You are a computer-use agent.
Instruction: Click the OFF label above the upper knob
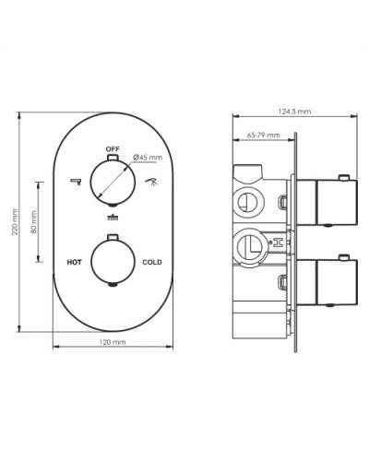113,148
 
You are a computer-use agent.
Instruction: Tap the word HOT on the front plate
75,263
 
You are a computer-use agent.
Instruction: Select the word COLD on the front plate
152,263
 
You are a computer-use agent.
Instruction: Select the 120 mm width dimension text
113,342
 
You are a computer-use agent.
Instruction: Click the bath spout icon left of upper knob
75,182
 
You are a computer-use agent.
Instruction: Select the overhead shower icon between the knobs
113,219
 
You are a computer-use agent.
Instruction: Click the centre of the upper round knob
113,181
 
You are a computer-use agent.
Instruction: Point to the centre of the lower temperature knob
113,263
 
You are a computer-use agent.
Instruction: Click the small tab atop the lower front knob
113,239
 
